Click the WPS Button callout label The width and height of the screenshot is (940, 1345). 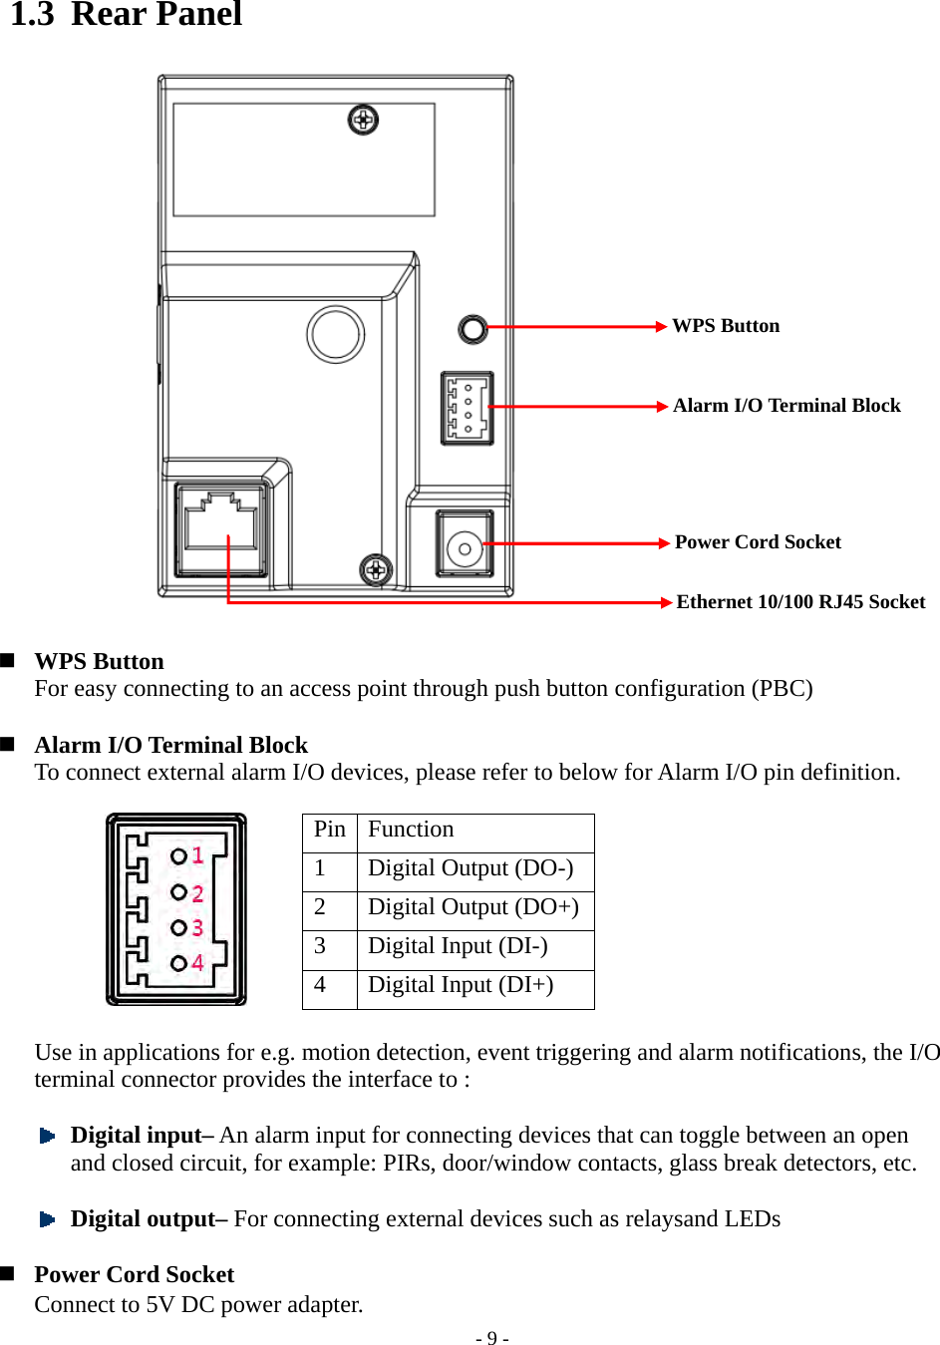[726, 326]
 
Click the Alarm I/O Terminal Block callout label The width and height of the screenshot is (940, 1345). [786, 406]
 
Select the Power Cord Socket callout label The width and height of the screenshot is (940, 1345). [758, 542]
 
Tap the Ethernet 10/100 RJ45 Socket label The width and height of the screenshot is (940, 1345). [800, 602]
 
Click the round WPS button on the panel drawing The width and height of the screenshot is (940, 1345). [472, 328]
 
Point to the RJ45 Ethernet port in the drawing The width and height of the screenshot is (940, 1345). [221, 528]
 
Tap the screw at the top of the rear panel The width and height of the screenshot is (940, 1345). [363, 121]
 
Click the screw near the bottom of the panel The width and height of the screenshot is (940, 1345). [375, 569]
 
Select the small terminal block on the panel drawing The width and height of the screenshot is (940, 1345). [467, 408]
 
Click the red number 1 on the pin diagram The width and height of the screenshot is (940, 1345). [198, 854]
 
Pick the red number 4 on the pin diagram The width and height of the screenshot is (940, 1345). [198, 963]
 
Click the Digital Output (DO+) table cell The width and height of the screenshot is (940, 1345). [473, 908]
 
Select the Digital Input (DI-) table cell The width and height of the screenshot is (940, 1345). [458, 947]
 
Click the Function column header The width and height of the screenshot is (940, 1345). [411, 830]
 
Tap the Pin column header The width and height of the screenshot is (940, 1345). [329, 830]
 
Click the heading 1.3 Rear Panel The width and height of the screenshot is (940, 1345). [127, 15]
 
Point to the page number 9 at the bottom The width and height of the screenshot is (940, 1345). [491, 1338]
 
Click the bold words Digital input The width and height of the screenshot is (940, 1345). [136, 1136]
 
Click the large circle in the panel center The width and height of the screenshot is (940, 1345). [336, 334]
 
